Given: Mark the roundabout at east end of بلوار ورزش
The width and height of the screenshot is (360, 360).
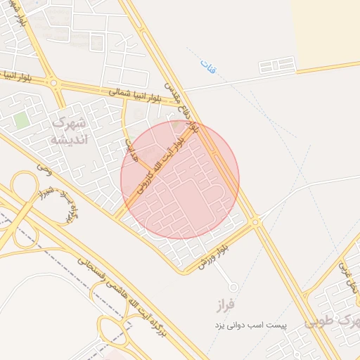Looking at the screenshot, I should click(255, 221).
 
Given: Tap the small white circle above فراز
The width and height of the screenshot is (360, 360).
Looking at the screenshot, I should click(233, 287).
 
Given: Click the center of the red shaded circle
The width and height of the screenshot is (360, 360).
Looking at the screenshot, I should click(180, 179).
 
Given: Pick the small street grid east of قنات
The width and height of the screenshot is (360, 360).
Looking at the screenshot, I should click(276, 67).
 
